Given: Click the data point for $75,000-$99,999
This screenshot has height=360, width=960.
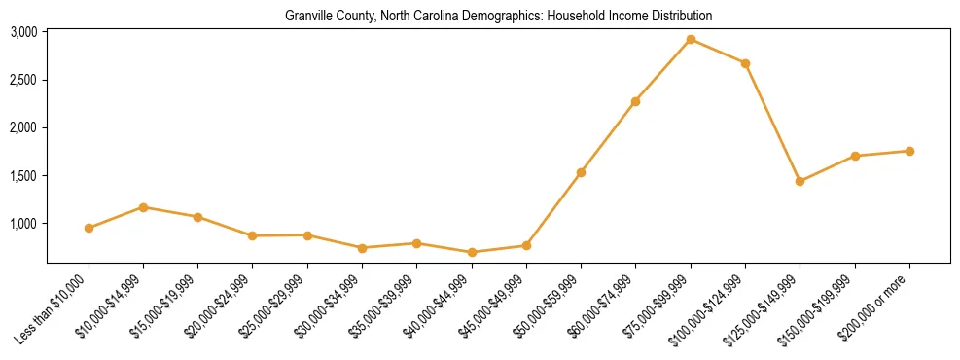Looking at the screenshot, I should coord(691,39).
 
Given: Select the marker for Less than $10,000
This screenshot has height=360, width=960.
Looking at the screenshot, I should coord(89,228).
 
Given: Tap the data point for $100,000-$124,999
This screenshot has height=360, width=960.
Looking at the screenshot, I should coord(745,63).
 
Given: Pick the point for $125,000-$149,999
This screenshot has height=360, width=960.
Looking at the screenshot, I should coord(800,181).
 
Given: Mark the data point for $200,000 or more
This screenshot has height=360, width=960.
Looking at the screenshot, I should coord(909,151).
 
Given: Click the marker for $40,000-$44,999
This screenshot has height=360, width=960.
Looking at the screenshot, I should coord(472,252).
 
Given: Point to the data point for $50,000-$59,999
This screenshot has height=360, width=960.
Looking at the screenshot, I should coord(581,172).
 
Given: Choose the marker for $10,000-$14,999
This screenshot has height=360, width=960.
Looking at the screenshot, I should coord(143,207).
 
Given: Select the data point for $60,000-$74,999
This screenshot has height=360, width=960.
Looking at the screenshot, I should coord(635,101).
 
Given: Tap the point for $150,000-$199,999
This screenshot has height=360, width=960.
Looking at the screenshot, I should coord(855,156).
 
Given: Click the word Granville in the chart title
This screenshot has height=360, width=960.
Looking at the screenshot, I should coord(305,16).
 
